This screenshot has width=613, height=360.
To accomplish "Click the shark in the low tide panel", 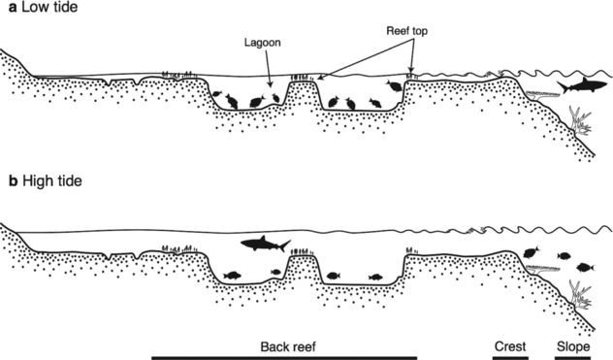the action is coord(582,86).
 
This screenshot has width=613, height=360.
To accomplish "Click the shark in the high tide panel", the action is coord(264,245).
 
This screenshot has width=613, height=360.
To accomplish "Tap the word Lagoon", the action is coord(262,43).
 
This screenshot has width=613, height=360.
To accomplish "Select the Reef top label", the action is coord(407,31).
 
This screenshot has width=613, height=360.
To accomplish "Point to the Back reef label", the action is coord(288,346).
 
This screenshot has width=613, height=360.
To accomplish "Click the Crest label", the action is coord(510,346).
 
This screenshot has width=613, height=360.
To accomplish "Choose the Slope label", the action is coord(573,346).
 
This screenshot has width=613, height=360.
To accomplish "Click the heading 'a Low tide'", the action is coord(43,7).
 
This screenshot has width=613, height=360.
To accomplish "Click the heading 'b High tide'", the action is coord(46,181).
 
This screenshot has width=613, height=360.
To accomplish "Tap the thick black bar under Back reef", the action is coord(284,358).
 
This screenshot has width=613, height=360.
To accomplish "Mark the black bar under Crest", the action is coord(510,358).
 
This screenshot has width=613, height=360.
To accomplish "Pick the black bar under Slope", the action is coord(572,358).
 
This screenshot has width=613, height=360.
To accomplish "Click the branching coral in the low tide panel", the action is coord(581,121).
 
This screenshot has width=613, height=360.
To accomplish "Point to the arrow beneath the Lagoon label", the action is coord(268,67).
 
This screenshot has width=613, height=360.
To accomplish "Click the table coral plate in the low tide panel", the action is coord(542,94).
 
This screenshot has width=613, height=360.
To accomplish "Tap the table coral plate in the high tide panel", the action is coord(542,269).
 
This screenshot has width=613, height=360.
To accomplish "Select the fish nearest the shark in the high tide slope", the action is coord(532,252).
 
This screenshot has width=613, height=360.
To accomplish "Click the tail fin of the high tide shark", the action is coord(285,245).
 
